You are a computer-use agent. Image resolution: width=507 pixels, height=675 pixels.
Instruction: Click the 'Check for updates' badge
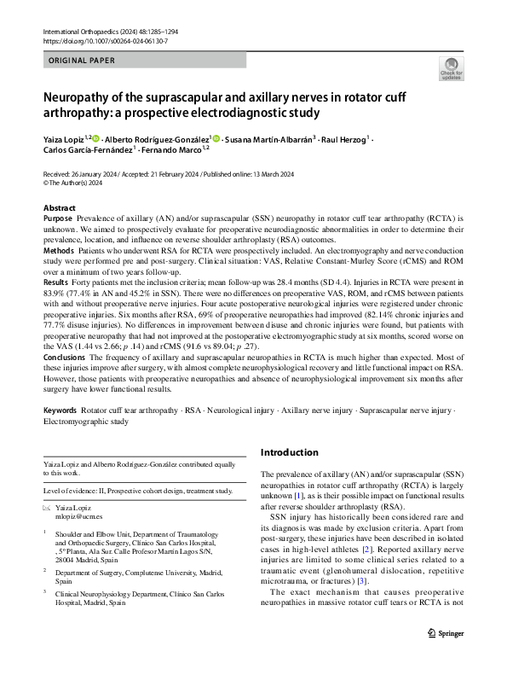tap(449, 67)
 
